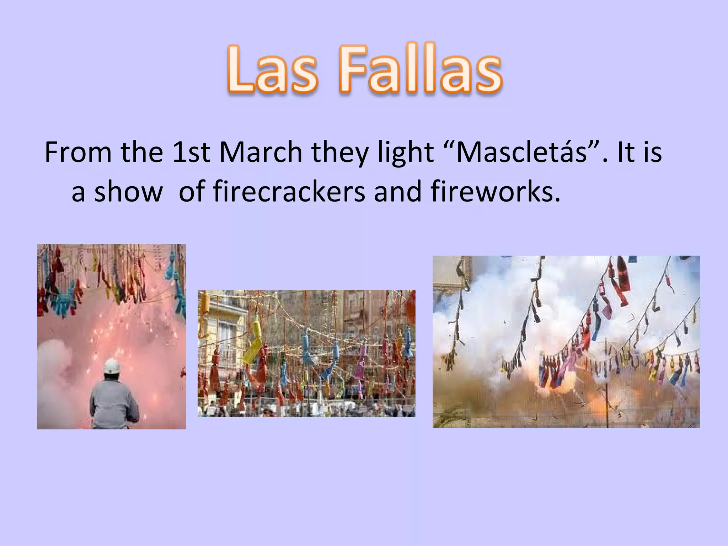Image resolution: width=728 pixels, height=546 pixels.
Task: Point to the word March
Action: [261, 152]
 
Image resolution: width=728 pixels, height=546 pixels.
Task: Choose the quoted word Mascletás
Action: [521, 152]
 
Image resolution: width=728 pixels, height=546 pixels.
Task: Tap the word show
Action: [128, 192]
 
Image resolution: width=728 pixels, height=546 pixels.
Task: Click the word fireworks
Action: [495, 192]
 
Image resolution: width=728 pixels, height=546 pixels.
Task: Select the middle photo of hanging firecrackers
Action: [306, 354]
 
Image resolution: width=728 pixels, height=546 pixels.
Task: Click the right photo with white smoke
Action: [566, 342]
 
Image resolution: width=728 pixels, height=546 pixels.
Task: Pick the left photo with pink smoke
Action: [111, 336]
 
